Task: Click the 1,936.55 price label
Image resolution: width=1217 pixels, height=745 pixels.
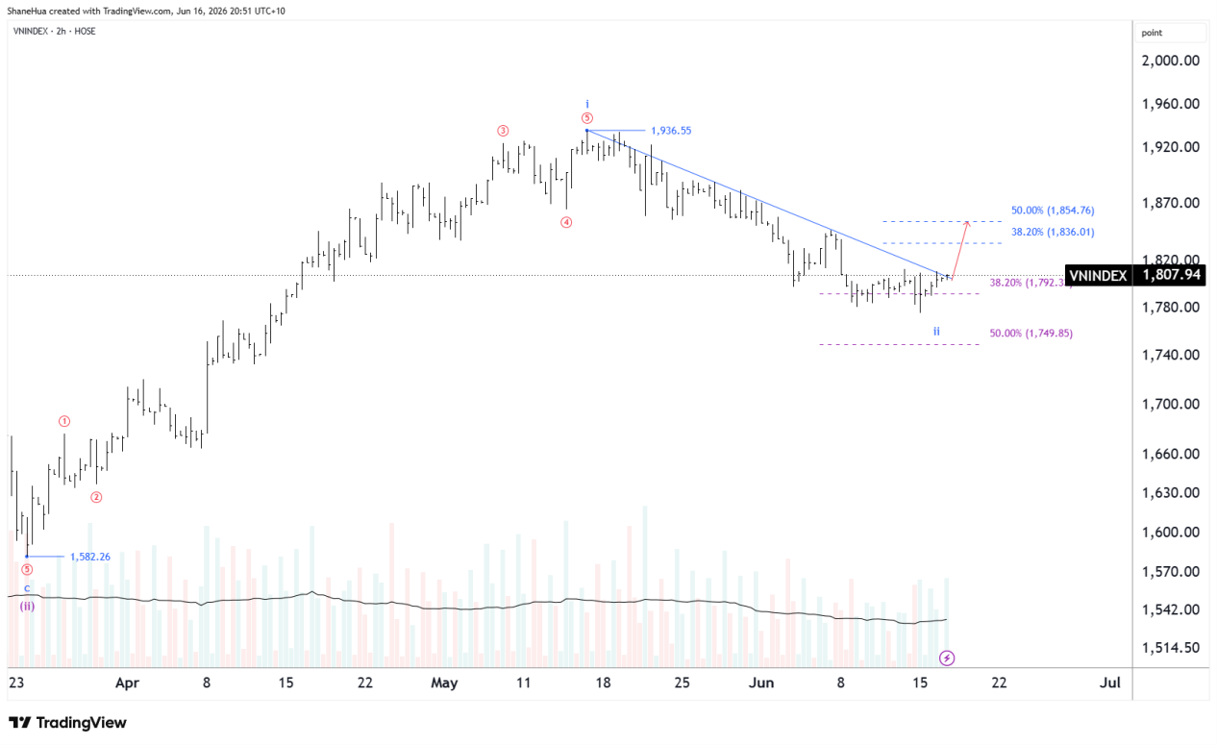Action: pyautogui.click(x=671, y=131)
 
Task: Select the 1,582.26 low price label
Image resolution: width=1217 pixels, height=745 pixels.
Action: pyautogui.click(x=90, y=557)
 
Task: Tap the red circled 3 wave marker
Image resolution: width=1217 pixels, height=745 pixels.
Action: pyautogui.click(x=503, y=131)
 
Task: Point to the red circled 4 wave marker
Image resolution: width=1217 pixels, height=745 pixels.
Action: pyautogui.click(x=566, y=222)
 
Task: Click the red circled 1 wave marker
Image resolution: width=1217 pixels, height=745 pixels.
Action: pyautogui.click(x=64, y=421)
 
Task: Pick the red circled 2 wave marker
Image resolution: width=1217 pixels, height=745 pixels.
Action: pyautogui.click(x=96, y=497)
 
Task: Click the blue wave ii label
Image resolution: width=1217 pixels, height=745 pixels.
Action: pyautogui.click(x=936, y=331)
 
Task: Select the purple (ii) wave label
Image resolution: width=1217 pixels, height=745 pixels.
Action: pyautogui.click(x=27, y=606)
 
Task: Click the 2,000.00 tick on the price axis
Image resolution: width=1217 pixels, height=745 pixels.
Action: pyautogui.click(x=1170, y=61)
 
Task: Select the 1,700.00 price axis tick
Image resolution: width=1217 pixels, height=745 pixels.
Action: pyautogui.click(x=1170, y=405)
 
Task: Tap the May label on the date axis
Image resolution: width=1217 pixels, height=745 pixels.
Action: pyautogui.click(x=444, y=683)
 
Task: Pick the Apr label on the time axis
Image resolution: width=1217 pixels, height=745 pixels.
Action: pyautogui.click(x=127, y=683)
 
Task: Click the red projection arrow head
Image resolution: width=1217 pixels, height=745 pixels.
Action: pyautogui.click(x=966, y=222)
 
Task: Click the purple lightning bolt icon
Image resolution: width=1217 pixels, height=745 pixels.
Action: pyautogui.click(x=947, y=658)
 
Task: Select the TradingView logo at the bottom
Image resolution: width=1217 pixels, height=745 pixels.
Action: pyautogui.click(x=68, y=723)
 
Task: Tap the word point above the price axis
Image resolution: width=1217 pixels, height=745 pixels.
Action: pyautogui.click(x=1152, y=33)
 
